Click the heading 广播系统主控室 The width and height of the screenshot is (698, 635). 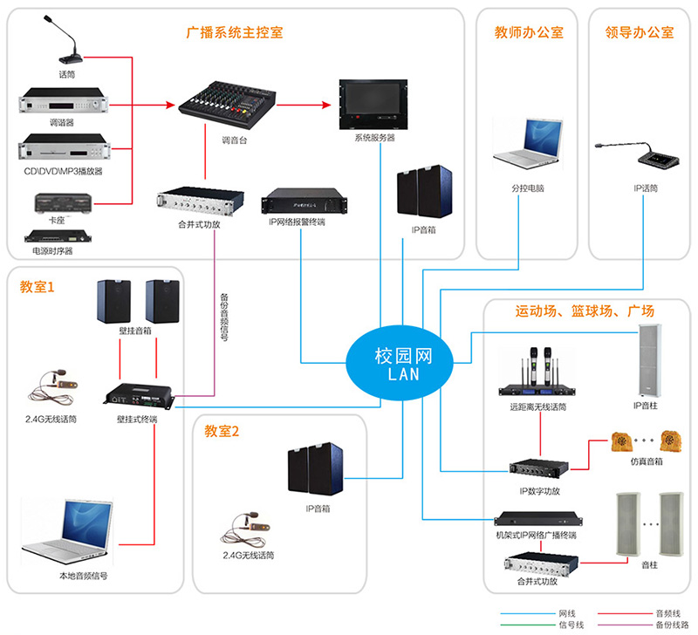(x=235, y=33)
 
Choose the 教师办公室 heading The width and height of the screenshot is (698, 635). (x=529, y=33)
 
